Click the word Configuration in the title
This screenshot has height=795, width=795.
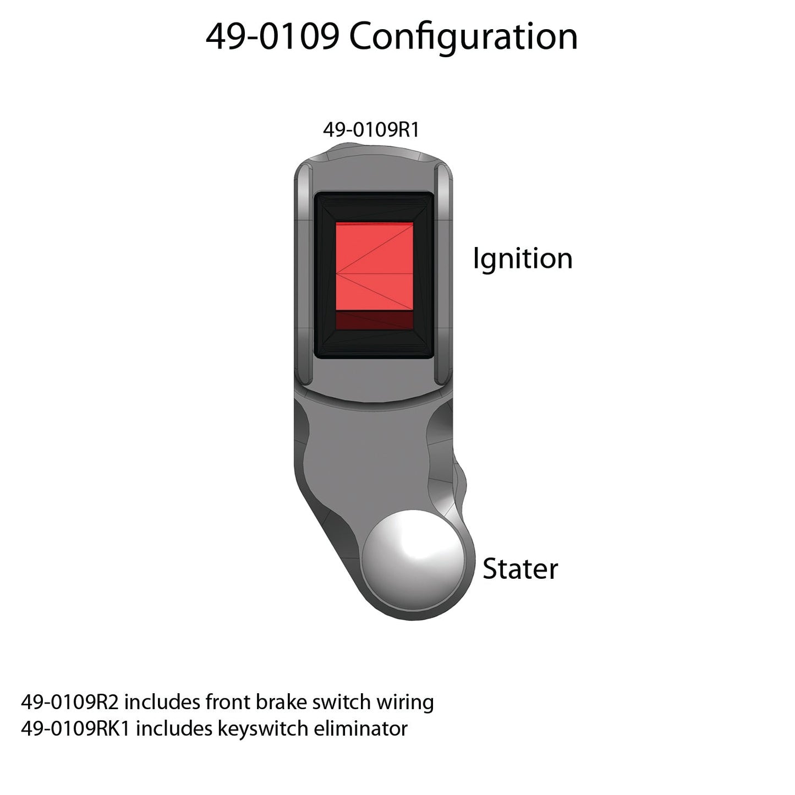tap(463, 37)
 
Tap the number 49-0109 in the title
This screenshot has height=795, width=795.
tap(273, 37)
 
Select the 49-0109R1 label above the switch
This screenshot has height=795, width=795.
tap(371, 130)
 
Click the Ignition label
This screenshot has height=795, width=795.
tap(523, 259)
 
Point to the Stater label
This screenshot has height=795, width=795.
tap(520, 569)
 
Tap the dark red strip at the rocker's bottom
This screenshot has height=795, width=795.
tap(374, 320)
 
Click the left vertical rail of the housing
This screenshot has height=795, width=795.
tap(304, 274)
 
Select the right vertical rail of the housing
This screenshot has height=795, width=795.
tap(443, 274)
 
